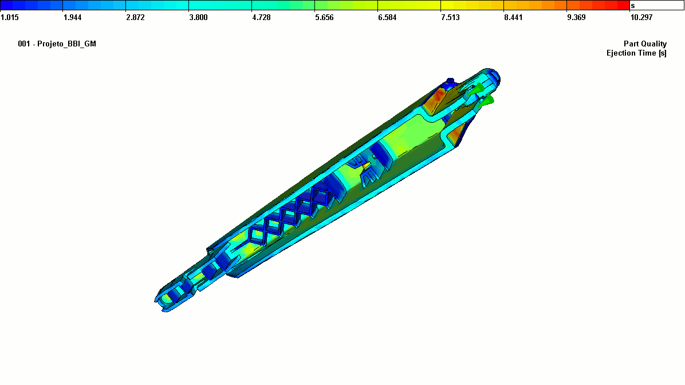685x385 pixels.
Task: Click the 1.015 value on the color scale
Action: tap(10, 18)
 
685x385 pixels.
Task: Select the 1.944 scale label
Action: tap(73, 18)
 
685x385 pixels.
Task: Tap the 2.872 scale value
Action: tap(135, 18)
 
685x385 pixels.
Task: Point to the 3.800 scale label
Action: tap(198, 18)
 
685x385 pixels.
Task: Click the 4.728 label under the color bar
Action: tap(261, 18)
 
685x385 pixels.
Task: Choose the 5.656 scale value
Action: tap(324, 18)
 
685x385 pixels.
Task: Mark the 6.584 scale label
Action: tap(387, 18)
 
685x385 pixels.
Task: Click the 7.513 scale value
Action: tap(450, 18)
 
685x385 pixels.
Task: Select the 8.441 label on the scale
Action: tap(513, 18)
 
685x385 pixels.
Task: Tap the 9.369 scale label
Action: tap(576, 18)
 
